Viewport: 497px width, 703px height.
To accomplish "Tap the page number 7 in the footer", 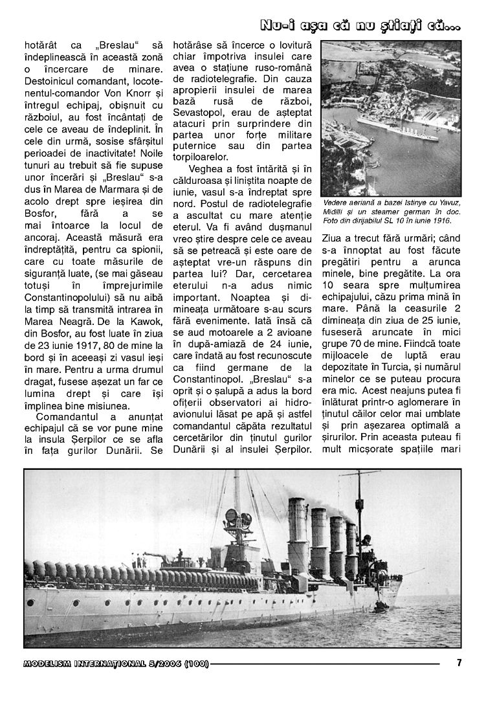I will (459, 662).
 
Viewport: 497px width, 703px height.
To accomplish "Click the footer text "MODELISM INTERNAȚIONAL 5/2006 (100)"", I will (116, 663).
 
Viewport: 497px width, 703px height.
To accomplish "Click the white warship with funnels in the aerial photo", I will (394, 126).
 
